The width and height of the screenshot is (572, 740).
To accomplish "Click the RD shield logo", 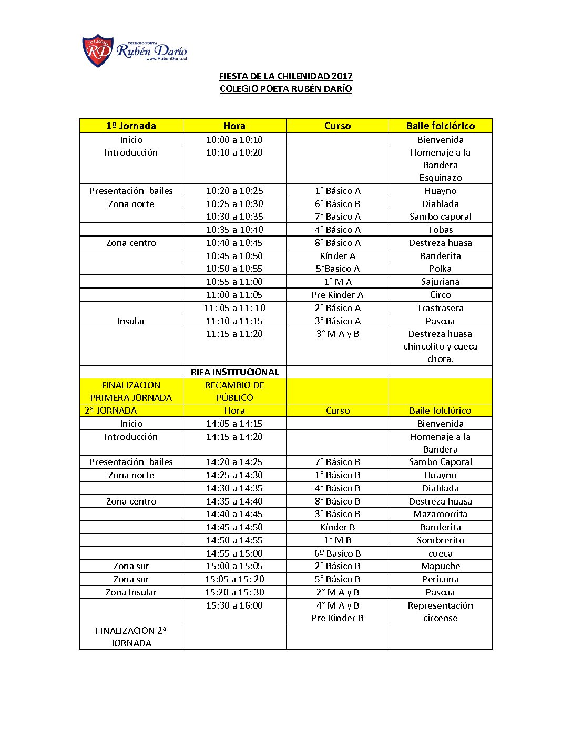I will coord(98,51).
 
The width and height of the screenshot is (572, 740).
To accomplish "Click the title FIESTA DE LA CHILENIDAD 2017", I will coord(285,76).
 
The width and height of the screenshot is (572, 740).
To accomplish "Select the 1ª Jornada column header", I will coord(131,126).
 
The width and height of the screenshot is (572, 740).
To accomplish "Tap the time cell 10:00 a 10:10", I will coord(234,140).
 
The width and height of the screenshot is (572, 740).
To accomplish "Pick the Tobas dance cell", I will coord(440,230).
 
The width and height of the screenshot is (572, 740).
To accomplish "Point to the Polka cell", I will coord(440,269).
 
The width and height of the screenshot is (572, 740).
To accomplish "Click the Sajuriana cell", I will coord(440,282).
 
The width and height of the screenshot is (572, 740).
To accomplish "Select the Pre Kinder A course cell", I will coord(337,295).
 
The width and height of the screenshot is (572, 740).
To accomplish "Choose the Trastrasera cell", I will coord(440,308).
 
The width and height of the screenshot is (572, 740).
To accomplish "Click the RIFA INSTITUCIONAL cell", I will coord(234,372).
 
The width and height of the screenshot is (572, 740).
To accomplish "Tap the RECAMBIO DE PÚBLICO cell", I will coord(234,392).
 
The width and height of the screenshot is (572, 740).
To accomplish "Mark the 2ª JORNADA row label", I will coord(111,410).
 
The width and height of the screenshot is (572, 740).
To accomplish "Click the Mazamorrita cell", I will coord(440,514).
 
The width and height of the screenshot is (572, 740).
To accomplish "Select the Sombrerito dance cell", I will coord(440,540).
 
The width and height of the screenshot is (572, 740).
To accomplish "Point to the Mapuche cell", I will coord(440,566).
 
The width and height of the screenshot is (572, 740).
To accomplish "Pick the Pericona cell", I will coord(440,579).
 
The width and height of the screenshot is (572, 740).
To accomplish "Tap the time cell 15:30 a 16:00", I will coord(234,605).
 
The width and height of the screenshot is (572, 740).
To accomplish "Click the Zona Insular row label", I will coord(131,592).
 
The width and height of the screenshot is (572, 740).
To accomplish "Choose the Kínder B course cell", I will coord(337,527).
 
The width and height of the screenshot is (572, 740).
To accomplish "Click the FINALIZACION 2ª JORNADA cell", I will coord(131,637).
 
